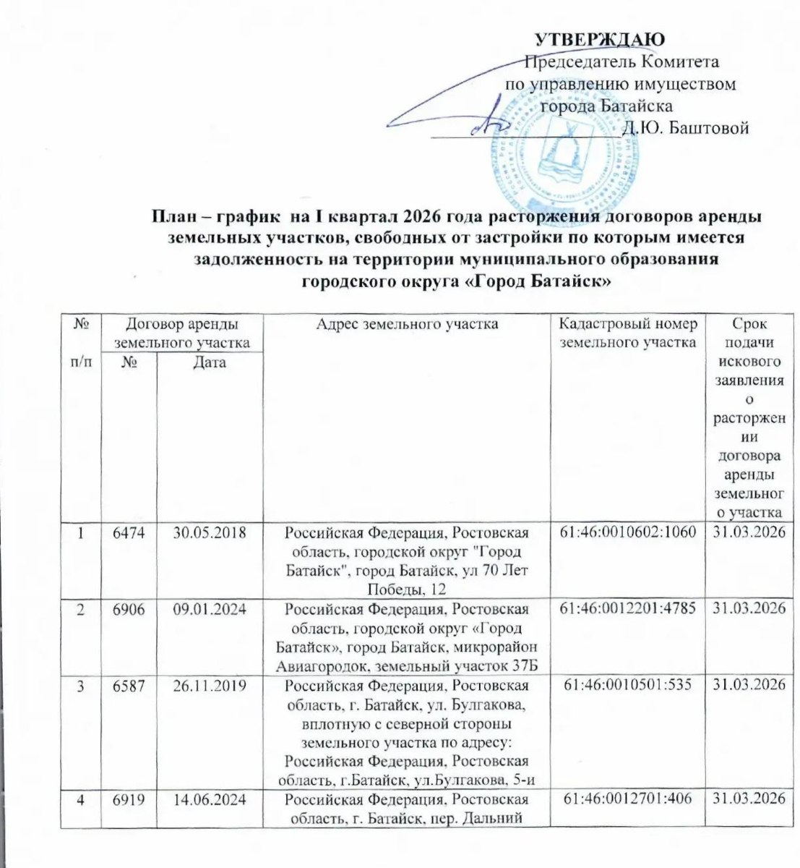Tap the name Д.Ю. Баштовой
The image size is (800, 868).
pyautogui.click(x=684, y=129)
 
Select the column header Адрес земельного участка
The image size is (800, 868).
pyautogui.click(x=408, y=325)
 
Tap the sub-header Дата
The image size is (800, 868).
pyautogui.click(x=210, y=362)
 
